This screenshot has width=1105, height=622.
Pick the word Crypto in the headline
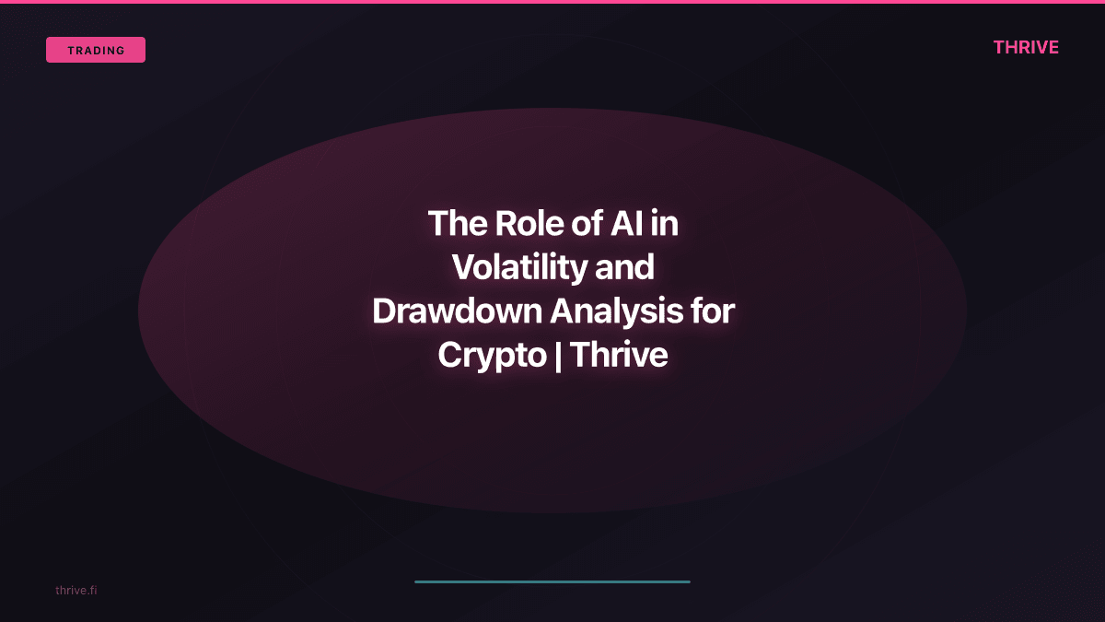492,356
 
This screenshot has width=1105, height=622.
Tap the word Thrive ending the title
619,356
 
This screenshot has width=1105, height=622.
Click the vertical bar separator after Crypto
559,356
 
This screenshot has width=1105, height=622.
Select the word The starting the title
457,224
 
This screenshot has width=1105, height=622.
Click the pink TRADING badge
96,50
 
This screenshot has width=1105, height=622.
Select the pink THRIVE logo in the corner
1026,48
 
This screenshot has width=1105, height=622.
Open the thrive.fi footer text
76,590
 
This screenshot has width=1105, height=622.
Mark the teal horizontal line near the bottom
552,581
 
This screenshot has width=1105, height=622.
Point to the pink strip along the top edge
552,2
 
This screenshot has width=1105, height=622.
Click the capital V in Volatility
463,267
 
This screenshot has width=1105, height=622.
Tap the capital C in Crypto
450,356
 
